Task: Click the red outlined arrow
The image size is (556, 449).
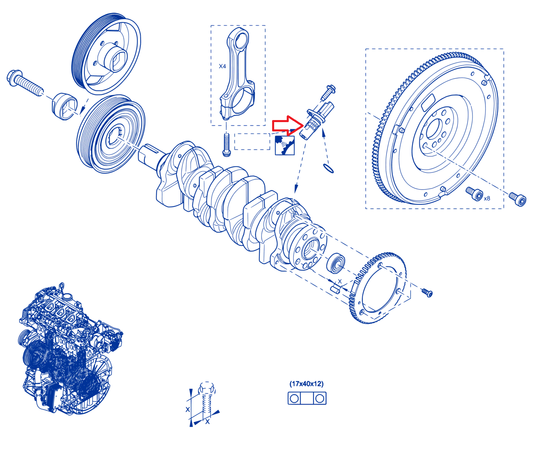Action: [x=287, y=126]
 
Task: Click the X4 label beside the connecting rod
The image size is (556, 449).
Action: [x=222, y=66]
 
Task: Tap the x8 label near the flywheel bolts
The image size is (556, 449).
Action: [x=487, y=198]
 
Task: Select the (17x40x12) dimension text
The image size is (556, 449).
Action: [x=307, y=384]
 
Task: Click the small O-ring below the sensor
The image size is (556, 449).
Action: [x=328, y=168]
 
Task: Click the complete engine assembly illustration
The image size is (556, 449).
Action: [x=71, y=349]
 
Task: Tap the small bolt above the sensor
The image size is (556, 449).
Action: [x=328, y=92]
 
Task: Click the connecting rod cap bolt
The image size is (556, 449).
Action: [x=226, y=145]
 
